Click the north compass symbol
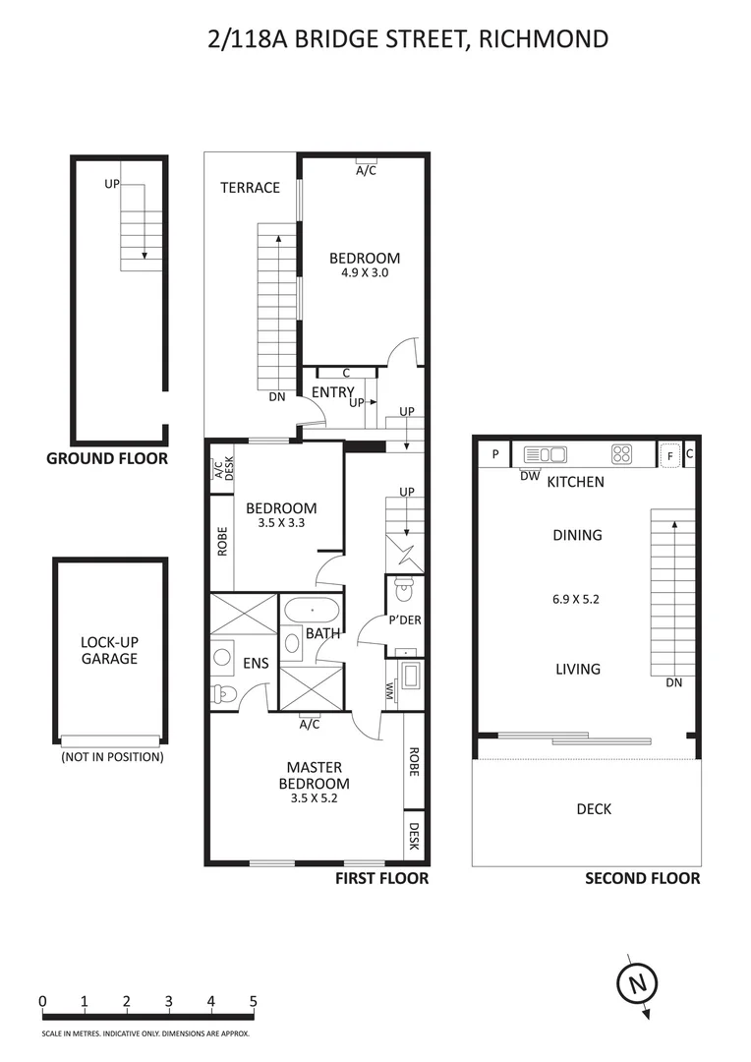click(636, 982)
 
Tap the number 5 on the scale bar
click(254, 1002)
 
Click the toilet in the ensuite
click(222, 692)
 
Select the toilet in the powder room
click(403, 590)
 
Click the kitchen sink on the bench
click(546, 454)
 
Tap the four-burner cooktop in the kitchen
click(622, 454)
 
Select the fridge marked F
click(669, 455)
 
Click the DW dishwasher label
click(530, 476)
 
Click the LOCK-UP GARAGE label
click(109, 650)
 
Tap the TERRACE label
click(250, 188)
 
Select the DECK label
click(594, 809)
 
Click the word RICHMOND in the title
click(543, 39)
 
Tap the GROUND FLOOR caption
click(107, 458)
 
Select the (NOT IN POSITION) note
click(112, 757)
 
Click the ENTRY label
click(331, 392)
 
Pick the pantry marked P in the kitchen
click(495, 454)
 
